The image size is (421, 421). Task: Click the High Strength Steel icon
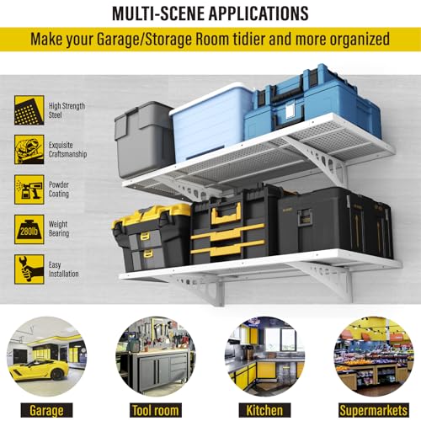[x=29, y=110]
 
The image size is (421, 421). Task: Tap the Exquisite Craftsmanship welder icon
[x=29, y=150]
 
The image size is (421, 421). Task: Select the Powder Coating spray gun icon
[x=29, y=189]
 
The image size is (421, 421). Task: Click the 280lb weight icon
[x=29, y=229]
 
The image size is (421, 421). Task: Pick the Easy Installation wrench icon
[x=29, y=269]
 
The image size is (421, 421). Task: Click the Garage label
[x=46, y=410]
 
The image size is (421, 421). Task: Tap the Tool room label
[x=156, y=410]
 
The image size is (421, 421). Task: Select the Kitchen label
[x=264, y=410]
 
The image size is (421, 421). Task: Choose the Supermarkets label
[x=374, y=410]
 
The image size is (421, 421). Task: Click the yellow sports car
[x=39, y=370]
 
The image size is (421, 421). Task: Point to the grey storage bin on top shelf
[x=143, y=140]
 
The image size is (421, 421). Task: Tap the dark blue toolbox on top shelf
[x=312, y=103]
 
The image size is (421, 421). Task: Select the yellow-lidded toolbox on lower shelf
[x=151, y=237]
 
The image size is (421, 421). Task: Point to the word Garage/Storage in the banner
[x=144, y=39]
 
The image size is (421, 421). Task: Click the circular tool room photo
[x=156, y=356]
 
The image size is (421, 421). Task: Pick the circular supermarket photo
[x=374, y=356]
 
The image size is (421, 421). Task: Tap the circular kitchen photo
[x=264, y=356]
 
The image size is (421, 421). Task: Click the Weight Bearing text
[x=59, y=229]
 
